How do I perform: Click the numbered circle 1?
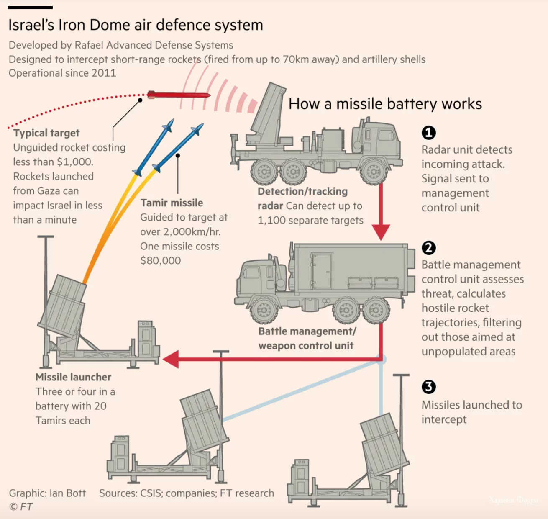click(428, 133)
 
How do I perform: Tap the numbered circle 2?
click(428, 248)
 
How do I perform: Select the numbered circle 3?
click(428, 387)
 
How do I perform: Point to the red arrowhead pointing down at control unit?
click(381, 232)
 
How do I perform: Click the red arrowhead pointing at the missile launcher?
click(171, 359)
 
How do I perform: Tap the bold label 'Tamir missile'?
click(172, 203)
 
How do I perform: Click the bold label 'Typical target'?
click(46, 133)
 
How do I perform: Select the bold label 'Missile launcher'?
click(73, 377)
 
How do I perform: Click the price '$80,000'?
click(161, 261)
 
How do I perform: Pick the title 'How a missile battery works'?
click(385, 104)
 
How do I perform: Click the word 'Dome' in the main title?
click(110, 25)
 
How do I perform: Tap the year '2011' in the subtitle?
click(103, 73)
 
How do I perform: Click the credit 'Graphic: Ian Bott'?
click(47, 493)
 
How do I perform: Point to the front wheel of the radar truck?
click(373, 171)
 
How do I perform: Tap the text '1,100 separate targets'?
click(310, 221)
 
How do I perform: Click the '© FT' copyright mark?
click(21, 507)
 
